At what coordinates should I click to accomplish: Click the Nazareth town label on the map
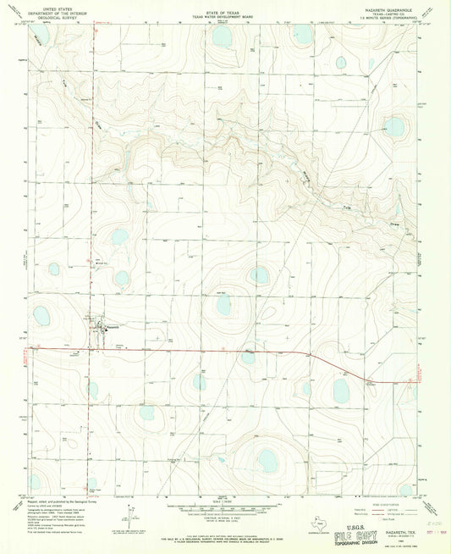(x=114, y=326)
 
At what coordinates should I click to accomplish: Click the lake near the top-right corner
(x=394, y=128)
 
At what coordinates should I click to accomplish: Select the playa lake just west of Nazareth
(x=41, y=316)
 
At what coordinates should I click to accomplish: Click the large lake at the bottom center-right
(x=267, y=461)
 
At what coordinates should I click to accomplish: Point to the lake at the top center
(x=222, y=38)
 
